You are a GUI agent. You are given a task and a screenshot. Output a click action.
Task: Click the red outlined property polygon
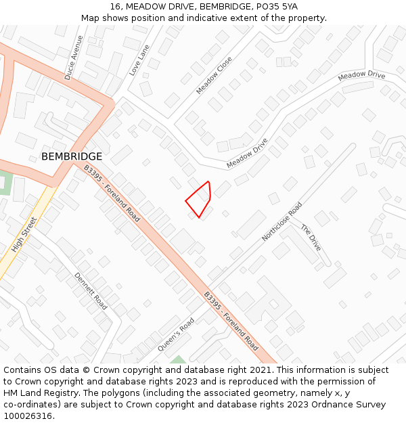pos(200,198)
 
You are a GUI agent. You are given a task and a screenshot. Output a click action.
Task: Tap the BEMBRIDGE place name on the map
pos(72,156)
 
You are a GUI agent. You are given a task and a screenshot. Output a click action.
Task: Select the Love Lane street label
pos(139,62)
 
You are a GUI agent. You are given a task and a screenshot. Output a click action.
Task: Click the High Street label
pos(24,234)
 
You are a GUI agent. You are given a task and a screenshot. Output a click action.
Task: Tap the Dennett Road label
pos(91,290)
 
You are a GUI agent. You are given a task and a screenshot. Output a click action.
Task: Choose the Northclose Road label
pos(281,221)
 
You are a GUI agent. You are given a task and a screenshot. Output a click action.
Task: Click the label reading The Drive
pos(311,238)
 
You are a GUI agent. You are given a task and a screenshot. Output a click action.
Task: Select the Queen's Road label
pos(177,334)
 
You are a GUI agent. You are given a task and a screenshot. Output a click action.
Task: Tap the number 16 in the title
pos(115,7)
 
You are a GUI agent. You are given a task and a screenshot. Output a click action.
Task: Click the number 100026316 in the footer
pos(27,416)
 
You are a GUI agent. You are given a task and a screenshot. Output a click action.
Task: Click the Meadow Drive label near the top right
pos(361,75)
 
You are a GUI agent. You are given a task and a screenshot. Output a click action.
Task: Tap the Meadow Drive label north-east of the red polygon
pos(247,154)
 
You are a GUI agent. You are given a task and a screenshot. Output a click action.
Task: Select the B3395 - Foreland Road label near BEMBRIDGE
pos(112,193)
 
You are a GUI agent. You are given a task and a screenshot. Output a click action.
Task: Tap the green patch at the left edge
pos(5,183)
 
